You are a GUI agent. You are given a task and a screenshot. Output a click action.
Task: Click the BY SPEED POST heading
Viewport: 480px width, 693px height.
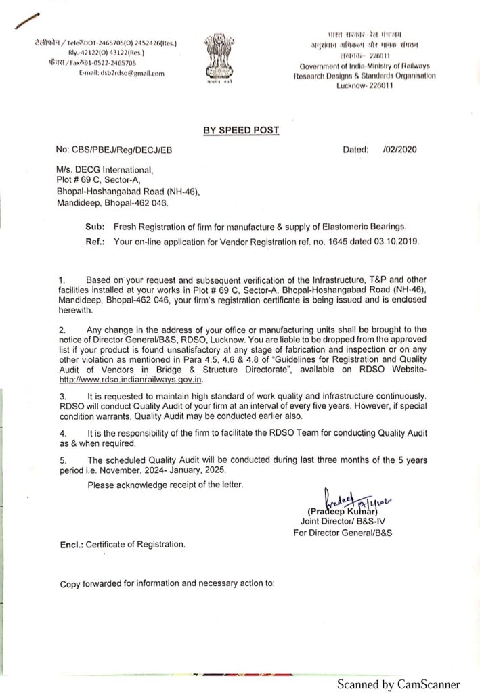pos(241,130)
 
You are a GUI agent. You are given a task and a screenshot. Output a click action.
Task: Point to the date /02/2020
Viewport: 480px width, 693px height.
pos(400,150)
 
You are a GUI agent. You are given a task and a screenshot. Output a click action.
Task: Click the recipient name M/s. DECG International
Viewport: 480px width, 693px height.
pos(105,171)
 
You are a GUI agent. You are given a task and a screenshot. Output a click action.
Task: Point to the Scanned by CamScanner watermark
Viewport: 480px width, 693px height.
pos(399,684)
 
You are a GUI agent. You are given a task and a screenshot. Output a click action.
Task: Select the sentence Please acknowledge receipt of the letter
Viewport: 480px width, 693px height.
pos(165,484)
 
